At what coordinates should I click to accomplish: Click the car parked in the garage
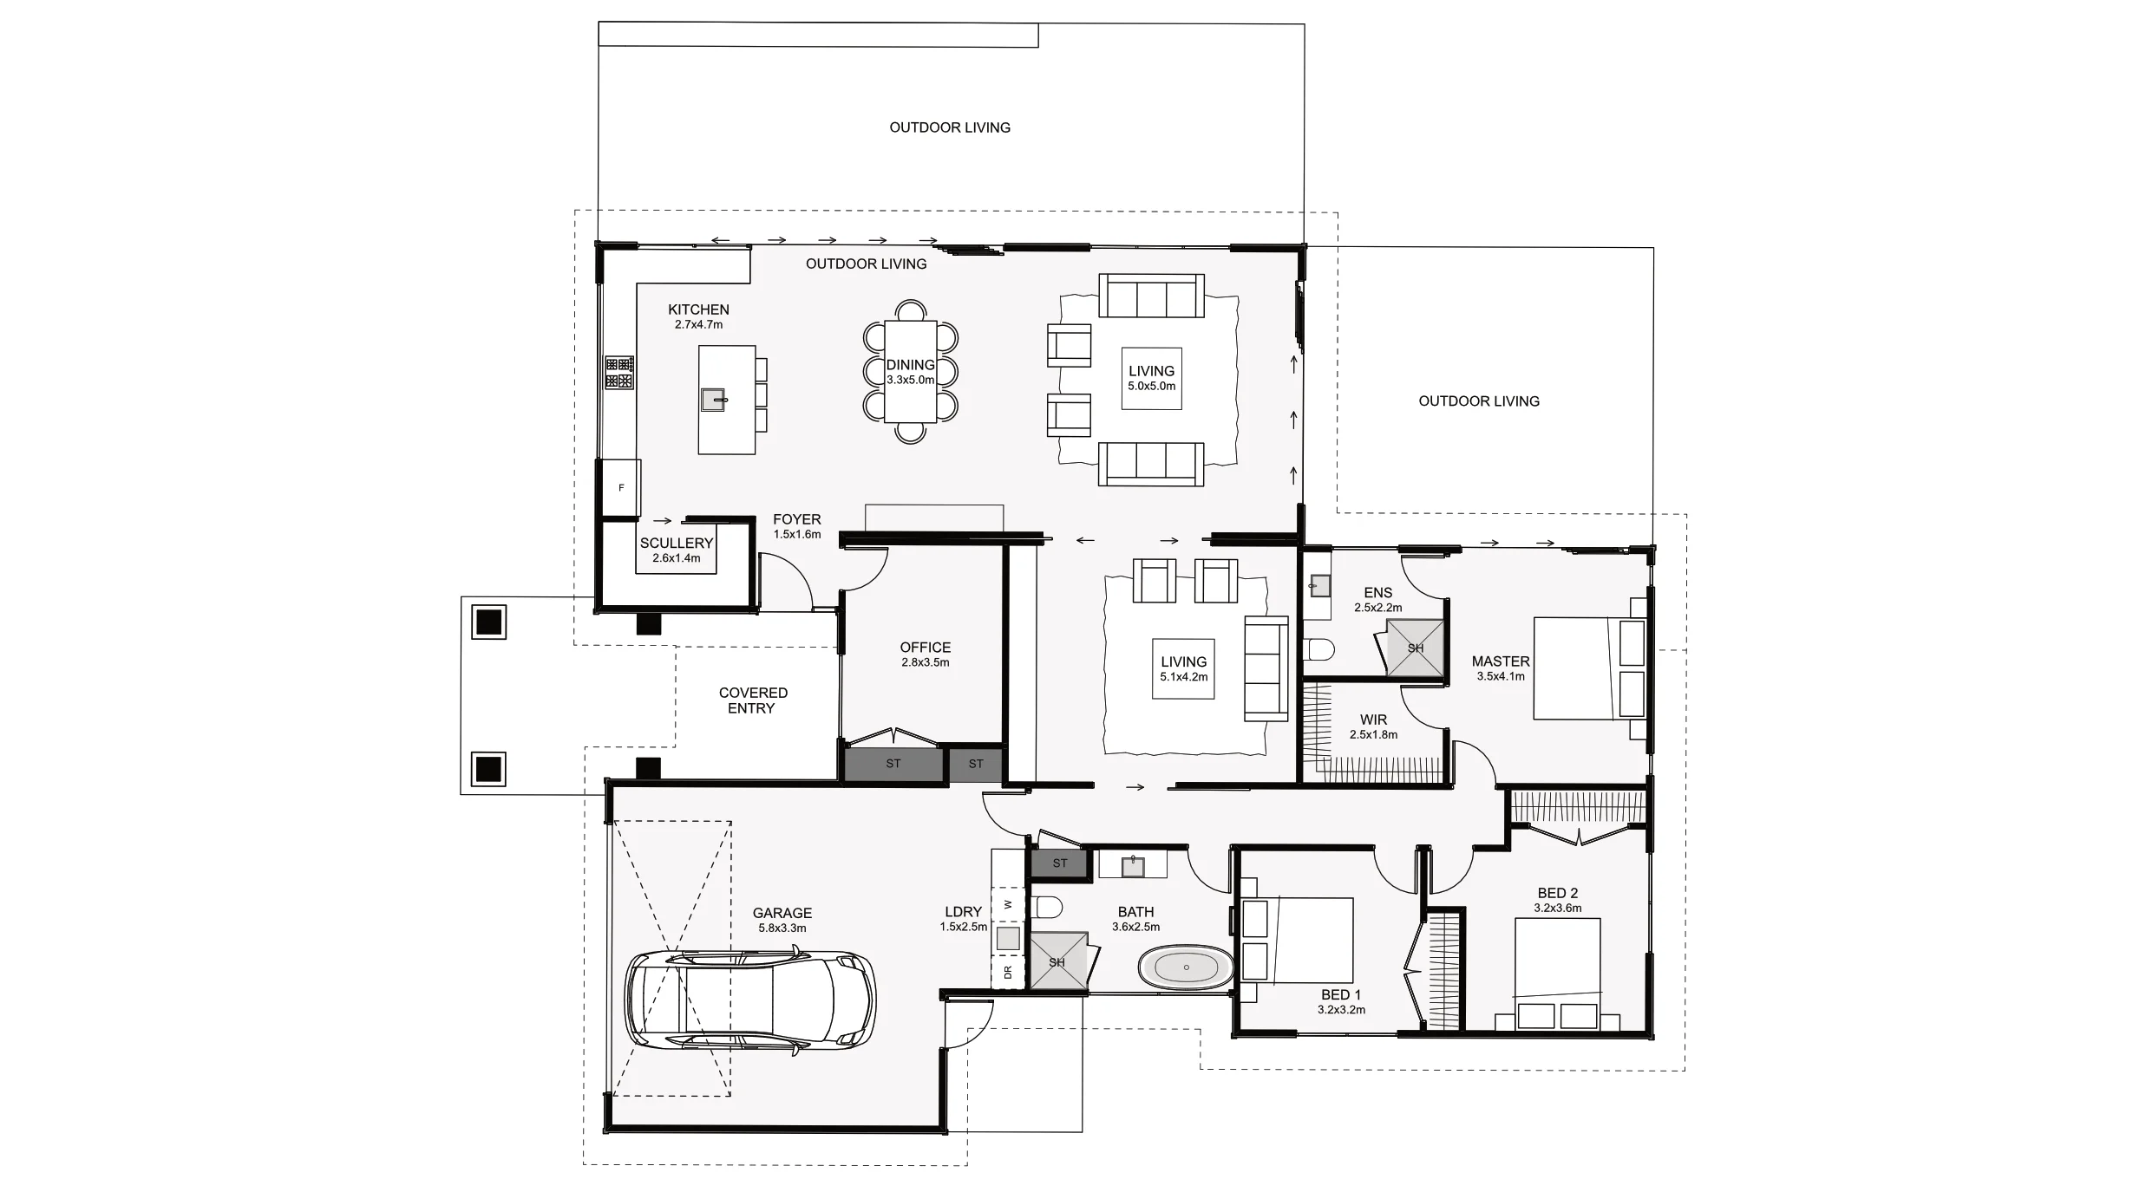click(x=750, y=1000)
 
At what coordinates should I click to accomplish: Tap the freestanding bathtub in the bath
click(x=1185, y=967)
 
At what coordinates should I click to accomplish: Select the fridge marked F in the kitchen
click(x=621, y=488)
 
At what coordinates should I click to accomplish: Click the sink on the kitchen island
click(x=713, y=400)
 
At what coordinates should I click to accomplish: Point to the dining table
click(x=910, y=373)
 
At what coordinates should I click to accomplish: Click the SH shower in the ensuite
click(x=1415, y=648)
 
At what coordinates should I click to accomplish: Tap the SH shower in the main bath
click(x=1057, y=961)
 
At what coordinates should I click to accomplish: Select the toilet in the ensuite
click(x=1319, y=649)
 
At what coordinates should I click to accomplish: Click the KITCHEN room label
click(x=698, y=309)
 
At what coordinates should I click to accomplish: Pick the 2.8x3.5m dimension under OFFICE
click(x=925, y=662)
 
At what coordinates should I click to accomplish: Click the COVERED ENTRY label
click(x=752, y=700)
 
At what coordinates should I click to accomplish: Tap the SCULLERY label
click(x=677, y=544)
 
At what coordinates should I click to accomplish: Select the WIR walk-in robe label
click(x=1373, y=720)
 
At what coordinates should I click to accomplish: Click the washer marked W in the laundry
click(x=1008, y=904)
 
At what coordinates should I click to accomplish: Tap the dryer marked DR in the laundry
click(x=1008, y=973)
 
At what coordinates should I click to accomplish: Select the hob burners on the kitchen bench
click(x=618, y=373)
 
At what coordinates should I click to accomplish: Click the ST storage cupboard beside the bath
click(x=1059, y=863)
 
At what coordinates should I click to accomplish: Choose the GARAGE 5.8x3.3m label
click(x=782, y=920)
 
